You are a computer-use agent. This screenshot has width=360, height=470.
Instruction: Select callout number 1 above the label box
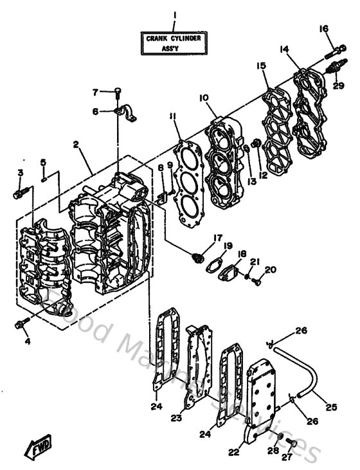[173, 15]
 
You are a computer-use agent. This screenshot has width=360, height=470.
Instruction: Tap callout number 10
[203, 98]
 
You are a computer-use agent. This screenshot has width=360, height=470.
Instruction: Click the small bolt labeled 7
[118, 92]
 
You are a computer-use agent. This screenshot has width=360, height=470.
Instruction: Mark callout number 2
[76, 146]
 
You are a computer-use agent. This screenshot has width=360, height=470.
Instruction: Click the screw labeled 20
[256, 280]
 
